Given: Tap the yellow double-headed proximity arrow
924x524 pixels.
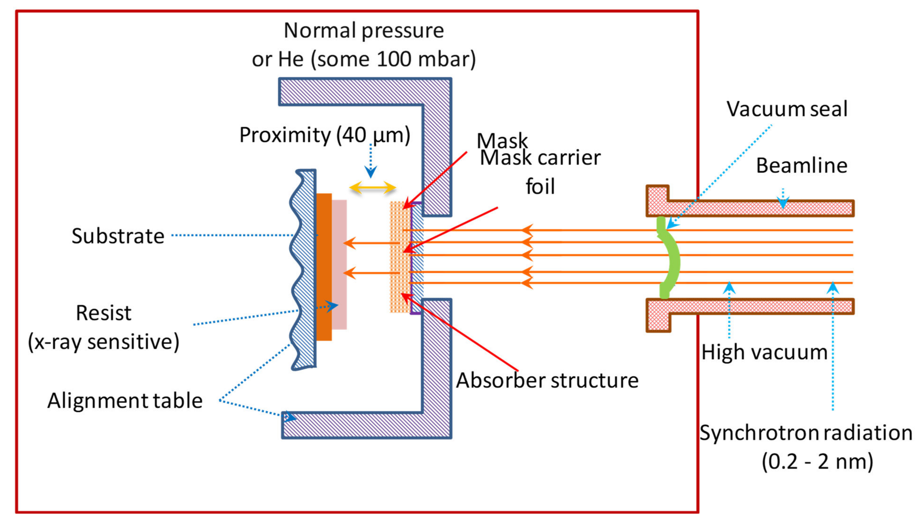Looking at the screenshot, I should (373, 188).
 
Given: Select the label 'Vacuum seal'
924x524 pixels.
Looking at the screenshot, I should (787, 109).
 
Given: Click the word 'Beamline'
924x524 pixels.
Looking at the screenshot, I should (801, 166).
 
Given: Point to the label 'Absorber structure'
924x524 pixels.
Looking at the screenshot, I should (547, 381).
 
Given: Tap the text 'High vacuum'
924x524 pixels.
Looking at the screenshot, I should (764, 352).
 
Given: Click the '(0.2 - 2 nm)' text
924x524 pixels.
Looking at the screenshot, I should (817, 462).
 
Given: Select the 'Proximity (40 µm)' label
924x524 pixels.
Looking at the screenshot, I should (325, 135).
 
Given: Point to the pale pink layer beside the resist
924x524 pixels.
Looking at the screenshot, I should (339, 265).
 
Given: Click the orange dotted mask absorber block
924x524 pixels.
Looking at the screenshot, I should (400, 257).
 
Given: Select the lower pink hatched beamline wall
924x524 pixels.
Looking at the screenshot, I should (756, 307).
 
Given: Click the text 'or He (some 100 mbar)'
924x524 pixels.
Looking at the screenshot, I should (363, 59).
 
